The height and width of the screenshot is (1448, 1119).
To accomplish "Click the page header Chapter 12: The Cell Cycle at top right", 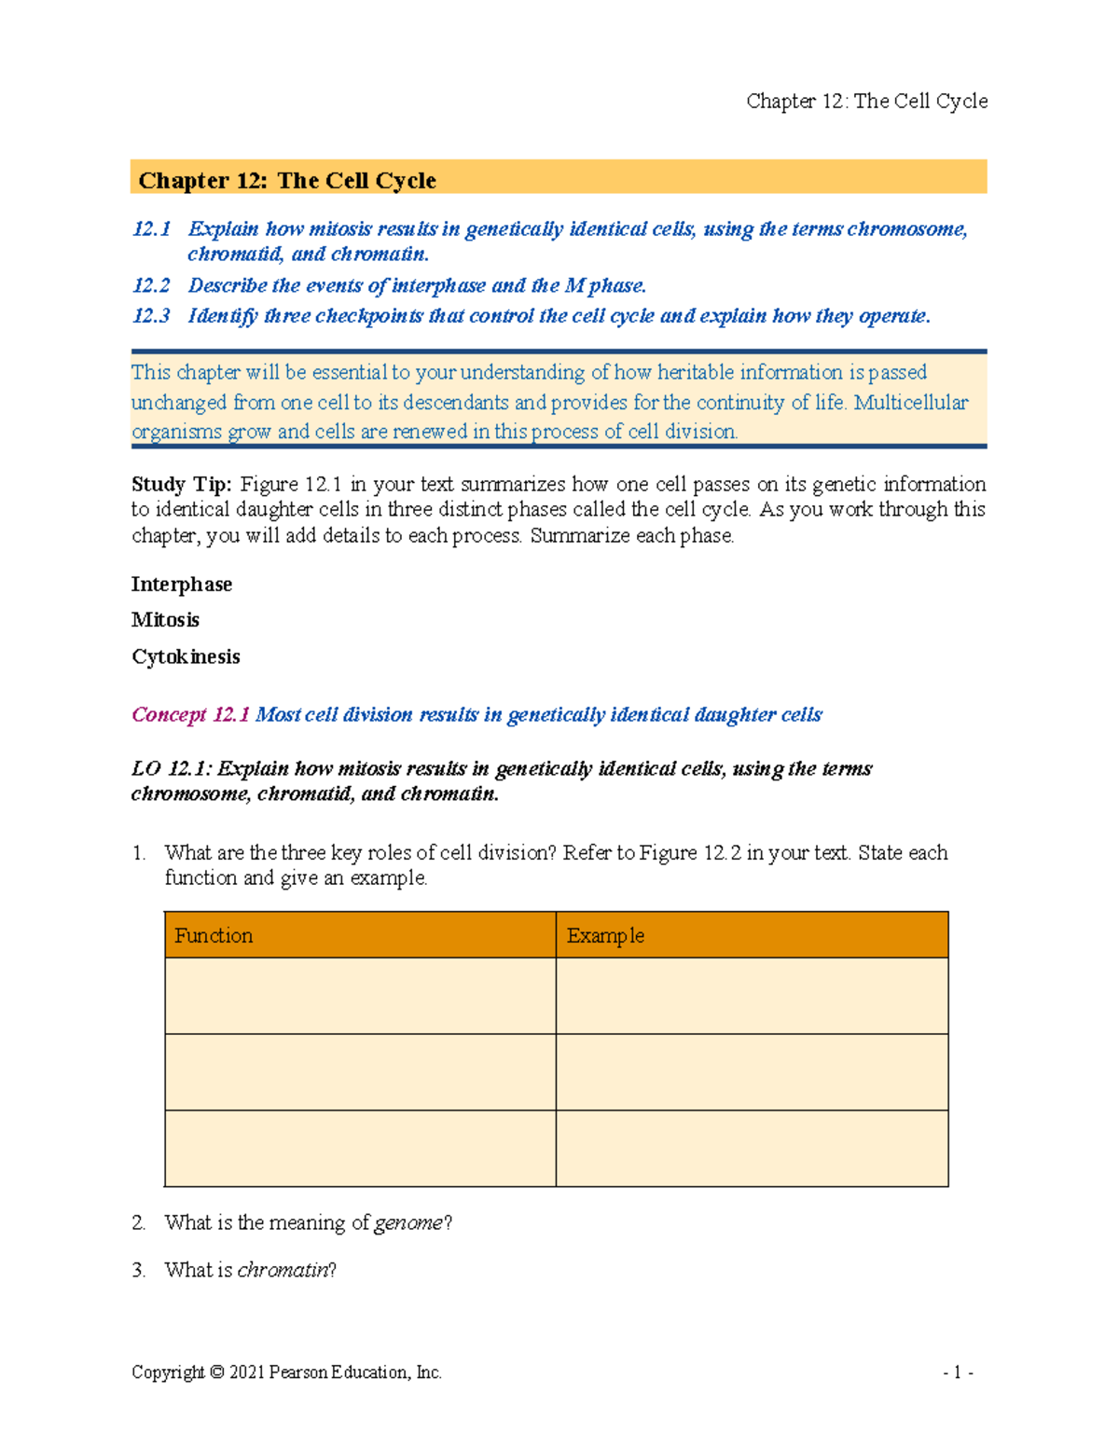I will pyautogui.click(x=866, y=101).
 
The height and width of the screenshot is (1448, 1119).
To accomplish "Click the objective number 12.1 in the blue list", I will pyautogui.click(x=151, y=229).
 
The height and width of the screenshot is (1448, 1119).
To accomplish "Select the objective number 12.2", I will pyautogui.click(x=151, y=285).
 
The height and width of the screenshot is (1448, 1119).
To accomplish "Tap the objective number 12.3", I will pyautogui.click(x=151, y=316).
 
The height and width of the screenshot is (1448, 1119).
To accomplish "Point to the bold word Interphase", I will pyautogui.click(x=182, y=585).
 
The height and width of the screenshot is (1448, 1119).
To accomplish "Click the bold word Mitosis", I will pyautogui.click(x=165, y=620).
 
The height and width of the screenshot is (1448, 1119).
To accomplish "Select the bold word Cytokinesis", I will pyautogui.click(x=186, y=656).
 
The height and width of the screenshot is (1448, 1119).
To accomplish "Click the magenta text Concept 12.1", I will pyautogui.click(x=190, y=715).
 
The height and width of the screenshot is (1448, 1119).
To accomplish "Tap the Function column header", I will pyautogui.click(x=214, y=935).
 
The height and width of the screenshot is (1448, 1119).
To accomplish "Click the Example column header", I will pyautogui.click(x=605, y=935).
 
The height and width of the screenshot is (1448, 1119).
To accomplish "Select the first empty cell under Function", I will pyautogui.click(x=360, y=996).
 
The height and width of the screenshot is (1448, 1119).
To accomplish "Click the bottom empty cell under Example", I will pyautogui.click(x=752, y=1148).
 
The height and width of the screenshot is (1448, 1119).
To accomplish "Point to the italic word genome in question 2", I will pyautogui.click(x=408, y=1222).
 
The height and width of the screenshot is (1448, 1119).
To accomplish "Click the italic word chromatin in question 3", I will pyautogui.click(x=283, y=1270).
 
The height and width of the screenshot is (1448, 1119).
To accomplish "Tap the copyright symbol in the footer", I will pyautogui.click(x=216, y=1372).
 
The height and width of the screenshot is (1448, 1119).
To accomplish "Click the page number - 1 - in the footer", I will pyautogui.click(x=958, y=1372).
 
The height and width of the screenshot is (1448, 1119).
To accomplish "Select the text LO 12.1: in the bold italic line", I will pyautogui.click(x=173, y=769).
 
